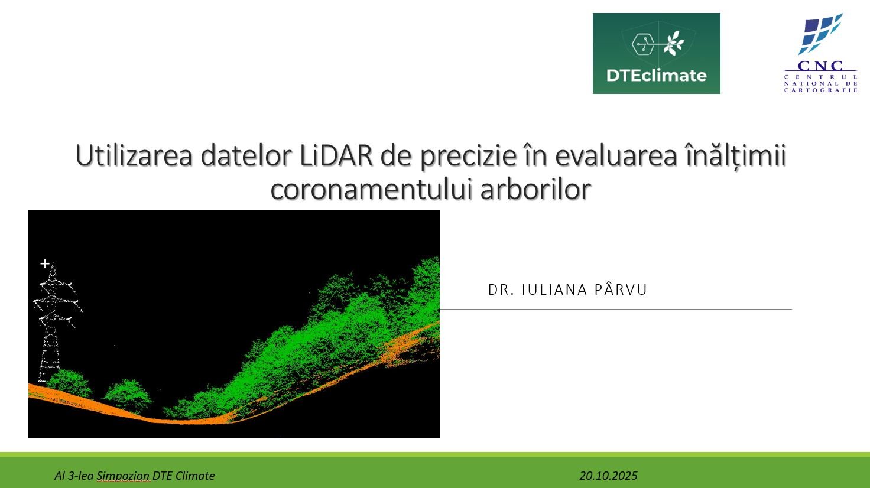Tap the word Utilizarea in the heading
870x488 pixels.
point(134,155)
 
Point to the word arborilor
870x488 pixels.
point(535,189)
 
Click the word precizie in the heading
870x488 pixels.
point(469,156)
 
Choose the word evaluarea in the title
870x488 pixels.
point(616,156)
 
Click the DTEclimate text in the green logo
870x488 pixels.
point(657,75)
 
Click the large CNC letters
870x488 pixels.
point(820,66)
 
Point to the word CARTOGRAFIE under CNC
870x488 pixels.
point(820,90)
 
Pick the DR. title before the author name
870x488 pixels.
point(501,290)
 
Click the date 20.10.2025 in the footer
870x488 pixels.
point(608,476)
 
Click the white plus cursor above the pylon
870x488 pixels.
point(45,264)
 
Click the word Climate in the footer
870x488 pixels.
point(195,476)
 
